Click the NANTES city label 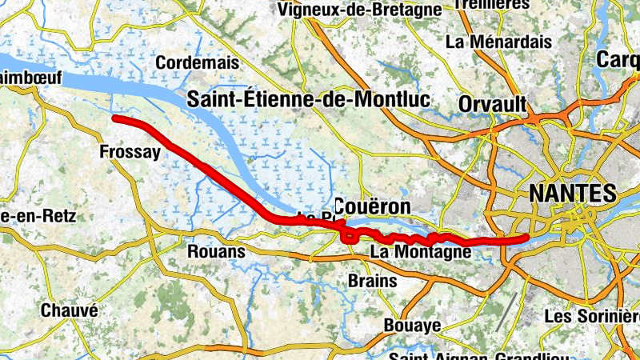(x=572, y=193)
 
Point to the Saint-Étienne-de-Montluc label (x=308, y=100)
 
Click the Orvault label (x=492, y=104)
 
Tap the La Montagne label (x=420, y=253)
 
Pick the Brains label (x=373, y=281)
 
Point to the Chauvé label (x=69, y=310)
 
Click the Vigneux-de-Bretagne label (x=358, y=10)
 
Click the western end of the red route (x=115, y=118)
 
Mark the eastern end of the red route (x=525, y=238)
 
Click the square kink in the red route (x=349, y=236)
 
